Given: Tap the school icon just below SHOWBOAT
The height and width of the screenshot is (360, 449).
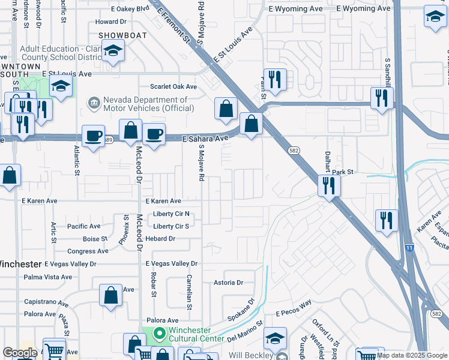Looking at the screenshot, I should point(112,53).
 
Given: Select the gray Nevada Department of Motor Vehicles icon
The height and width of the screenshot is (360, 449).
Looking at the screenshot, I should point(94,104).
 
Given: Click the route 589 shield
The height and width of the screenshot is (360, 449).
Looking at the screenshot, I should point(108,140).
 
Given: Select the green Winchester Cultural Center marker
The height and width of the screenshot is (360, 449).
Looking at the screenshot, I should point(159,332).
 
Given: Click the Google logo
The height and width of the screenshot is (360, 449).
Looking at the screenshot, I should point(20,353).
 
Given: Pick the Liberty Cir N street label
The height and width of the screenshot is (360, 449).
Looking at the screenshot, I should point(171,214).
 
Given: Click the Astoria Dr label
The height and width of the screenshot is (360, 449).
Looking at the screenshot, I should point(229,282).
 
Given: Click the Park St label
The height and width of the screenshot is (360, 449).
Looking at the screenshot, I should point(343,172).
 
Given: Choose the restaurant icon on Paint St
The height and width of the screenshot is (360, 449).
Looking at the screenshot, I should point(275,80).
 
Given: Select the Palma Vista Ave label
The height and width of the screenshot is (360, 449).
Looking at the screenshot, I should point(47,277).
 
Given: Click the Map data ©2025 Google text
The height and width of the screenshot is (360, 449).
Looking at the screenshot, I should point(411,355).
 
